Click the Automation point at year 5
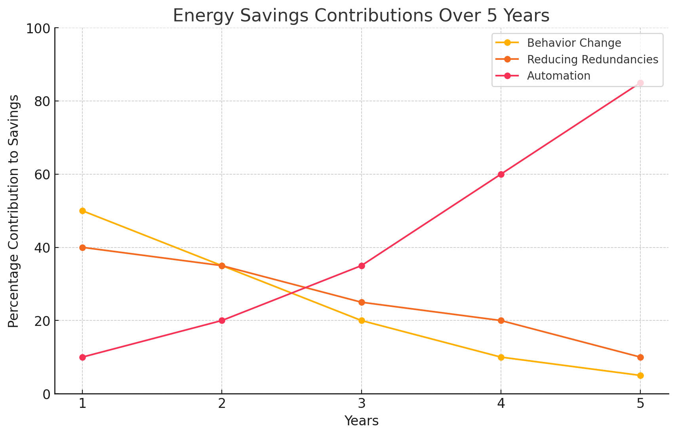[x=640, y=83]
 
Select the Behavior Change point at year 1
[x=82, y=211]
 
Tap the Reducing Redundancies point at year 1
[x=82, y=248]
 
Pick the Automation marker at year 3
[x=362, y=266]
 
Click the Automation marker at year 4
[x=501, y=174]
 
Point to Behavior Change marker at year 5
[x=640, y=375]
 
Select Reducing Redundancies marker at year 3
[x=362, y=302]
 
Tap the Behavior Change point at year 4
[x=501, y=357]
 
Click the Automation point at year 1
[x=82, y=357]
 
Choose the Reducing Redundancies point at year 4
[x=501, y=320]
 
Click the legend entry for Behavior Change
[x=574, y=43]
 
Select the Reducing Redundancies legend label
[x=592, y=59]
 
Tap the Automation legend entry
[x=558, y=76]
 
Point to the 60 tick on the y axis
[x=42, y=174]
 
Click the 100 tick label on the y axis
[x=38, y=28]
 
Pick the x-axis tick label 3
[x=362, y=404]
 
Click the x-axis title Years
[x=361, y=421]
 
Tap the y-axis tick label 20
[x=42, y=320]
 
